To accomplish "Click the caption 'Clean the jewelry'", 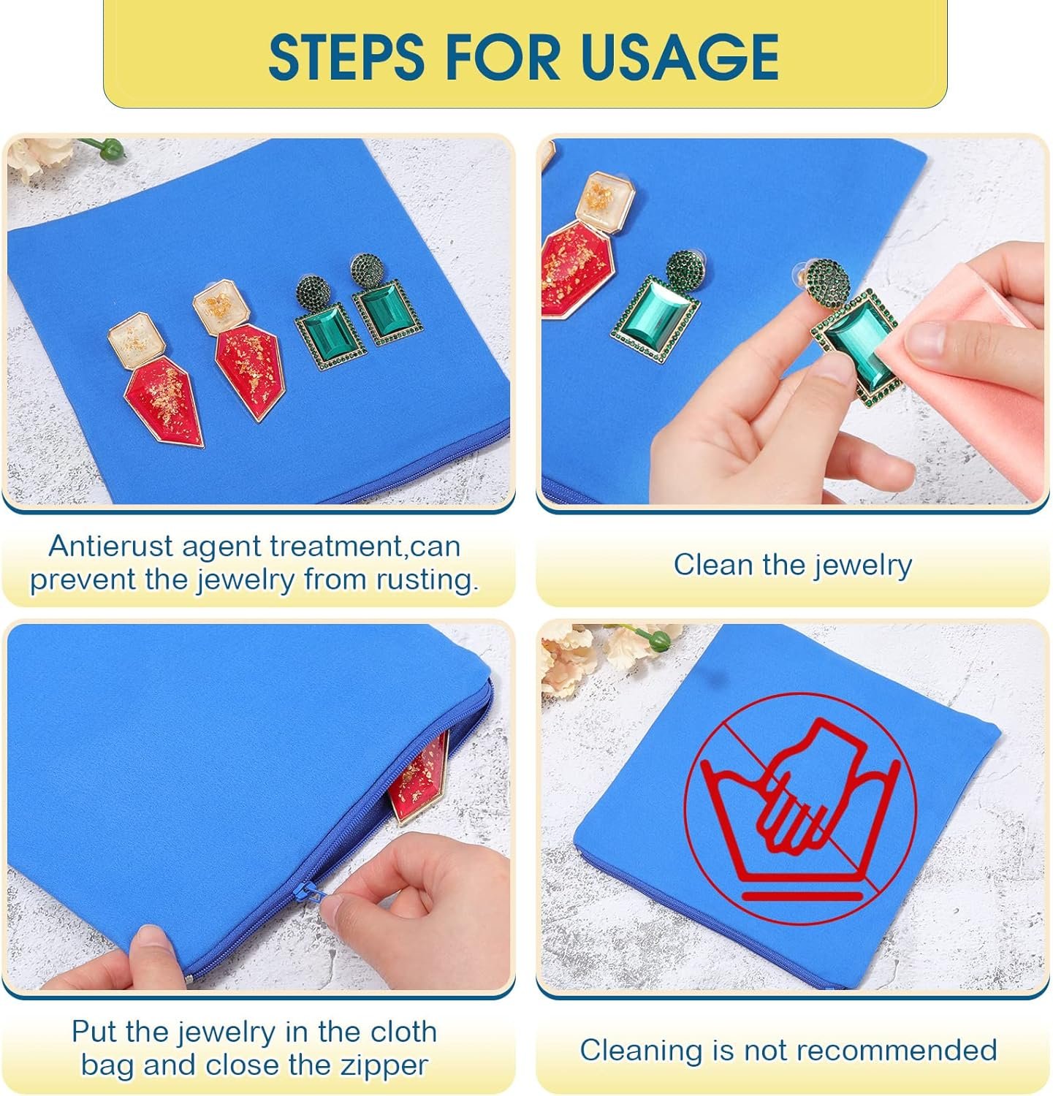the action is tap(793, 565).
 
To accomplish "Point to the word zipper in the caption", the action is tap(379, 1065).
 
